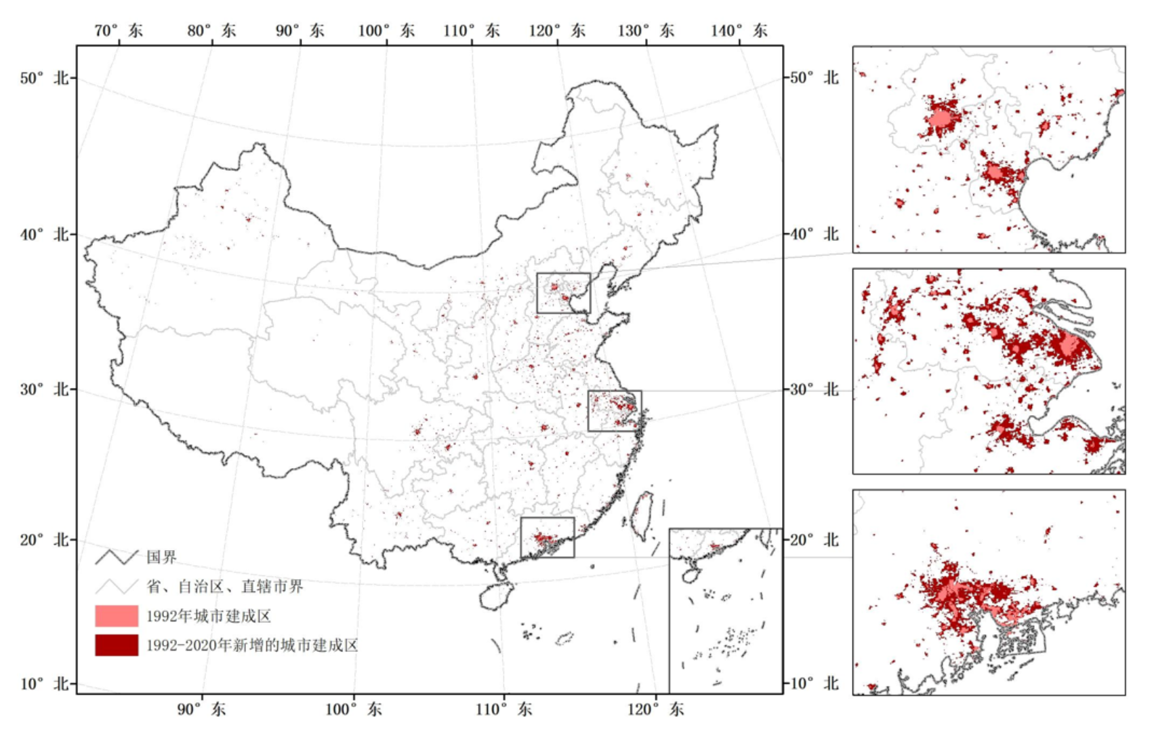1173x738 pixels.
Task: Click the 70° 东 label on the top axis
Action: (119, 31)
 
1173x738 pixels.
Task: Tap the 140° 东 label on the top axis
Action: (739, 31)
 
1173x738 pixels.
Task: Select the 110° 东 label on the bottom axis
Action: (503, 710)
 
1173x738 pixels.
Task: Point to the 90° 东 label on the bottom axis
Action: (202, 710)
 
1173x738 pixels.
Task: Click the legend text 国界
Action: (161, 558)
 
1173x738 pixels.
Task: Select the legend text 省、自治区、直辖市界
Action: (225, 587)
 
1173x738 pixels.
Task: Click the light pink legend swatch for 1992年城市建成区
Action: (117, 616)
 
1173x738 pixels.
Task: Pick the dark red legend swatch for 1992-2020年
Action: (117, 645)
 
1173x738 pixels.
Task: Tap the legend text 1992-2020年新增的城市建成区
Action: (252, 645)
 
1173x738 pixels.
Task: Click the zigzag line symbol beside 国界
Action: (117, 558)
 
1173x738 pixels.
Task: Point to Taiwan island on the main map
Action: (642, 516)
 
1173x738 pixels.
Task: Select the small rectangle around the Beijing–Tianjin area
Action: (564, 293)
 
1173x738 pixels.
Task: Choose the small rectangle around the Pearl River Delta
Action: (548, 538)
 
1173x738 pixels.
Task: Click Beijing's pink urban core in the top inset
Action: (941, 119)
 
